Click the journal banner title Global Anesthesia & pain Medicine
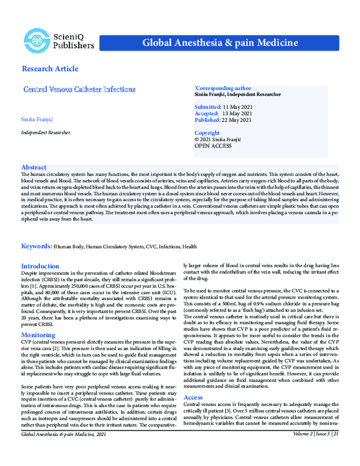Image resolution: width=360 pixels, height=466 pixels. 220,43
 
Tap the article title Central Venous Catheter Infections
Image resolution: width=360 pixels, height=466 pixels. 79,89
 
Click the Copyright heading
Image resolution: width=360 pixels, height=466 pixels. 207,133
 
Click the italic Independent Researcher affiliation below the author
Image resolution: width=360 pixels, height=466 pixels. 46,131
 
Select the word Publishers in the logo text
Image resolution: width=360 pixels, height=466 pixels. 74,45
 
